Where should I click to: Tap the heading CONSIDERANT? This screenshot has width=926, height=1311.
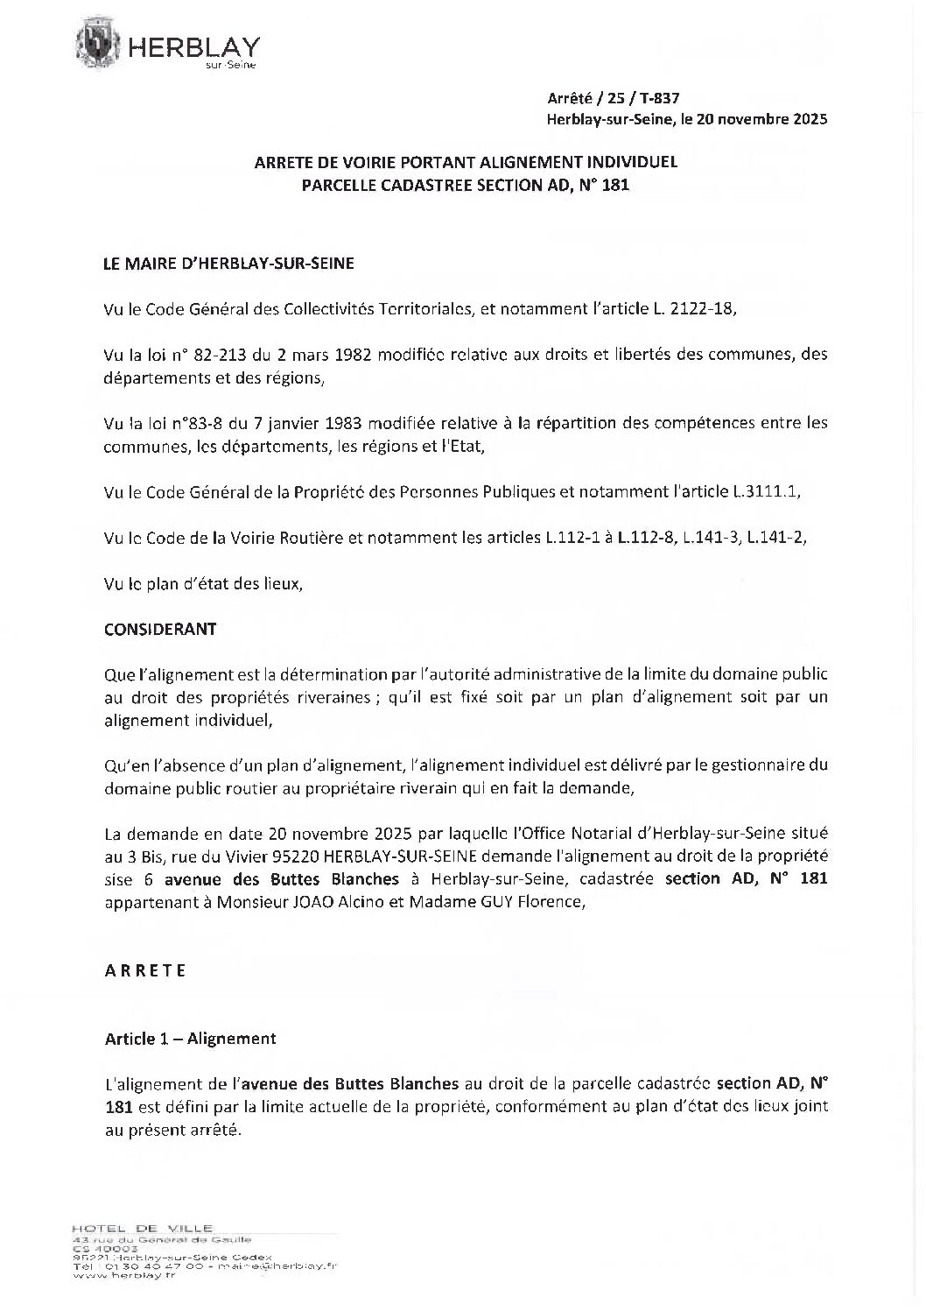(160, 629)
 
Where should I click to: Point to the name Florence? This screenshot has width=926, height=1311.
(553, 901)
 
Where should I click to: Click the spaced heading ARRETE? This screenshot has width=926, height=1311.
(145, 970)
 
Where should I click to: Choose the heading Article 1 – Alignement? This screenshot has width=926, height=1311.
(191, 1039)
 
